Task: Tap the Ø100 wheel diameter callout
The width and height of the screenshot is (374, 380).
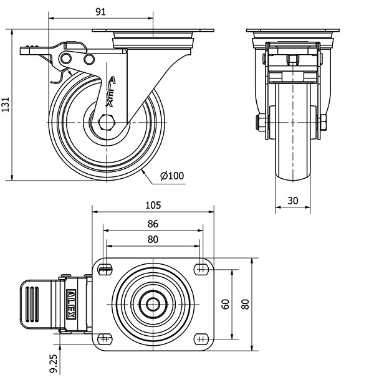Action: (x=172, y=176)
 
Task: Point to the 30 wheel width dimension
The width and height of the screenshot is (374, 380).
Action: (x=292, y=201)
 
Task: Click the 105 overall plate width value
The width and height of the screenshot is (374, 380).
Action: (x=153, y=205)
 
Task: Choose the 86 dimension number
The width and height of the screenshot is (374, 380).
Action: (x=153, y=224)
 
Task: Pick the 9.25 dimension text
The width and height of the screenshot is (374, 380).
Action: (x=55, y=360)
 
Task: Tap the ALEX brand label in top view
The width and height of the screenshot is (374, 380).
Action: (x=73, y=304)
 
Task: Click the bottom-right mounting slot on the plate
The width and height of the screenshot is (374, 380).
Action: (x=200, y=338)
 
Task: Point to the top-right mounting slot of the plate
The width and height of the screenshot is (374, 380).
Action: (x=200, y=269)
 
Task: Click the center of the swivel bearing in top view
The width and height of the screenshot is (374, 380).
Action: (x=153, y=304)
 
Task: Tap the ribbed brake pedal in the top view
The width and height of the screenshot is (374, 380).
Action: (x=37, y=304)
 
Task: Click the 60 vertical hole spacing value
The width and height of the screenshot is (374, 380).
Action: (x=225, y=304)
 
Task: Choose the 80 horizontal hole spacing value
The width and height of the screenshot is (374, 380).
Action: (x=153, y=239)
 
